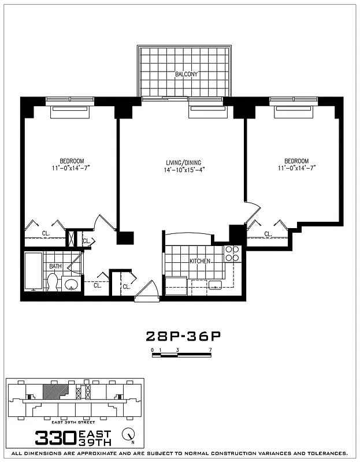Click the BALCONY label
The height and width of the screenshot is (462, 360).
(186, 74)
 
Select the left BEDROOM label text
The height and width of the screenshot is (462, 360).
(72, 161)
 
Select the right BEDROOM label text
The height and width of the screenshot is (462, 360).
(296, 161)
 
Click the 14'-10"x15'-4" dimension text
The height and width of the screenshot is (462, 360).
(184, 169)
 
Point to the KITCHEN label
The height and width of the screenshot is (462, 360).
(200, 262)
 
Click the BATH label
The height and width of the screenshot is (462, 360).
(55, 266)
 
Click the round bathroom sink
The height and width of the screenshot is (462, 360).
(72, 284)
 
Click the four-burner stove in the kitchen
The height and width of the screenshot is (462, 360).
(232, 254)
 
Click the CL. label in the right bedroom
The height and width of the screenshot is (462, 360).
(268, 234)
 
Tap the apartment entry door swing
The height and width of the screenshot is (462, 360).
(147, 290)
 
